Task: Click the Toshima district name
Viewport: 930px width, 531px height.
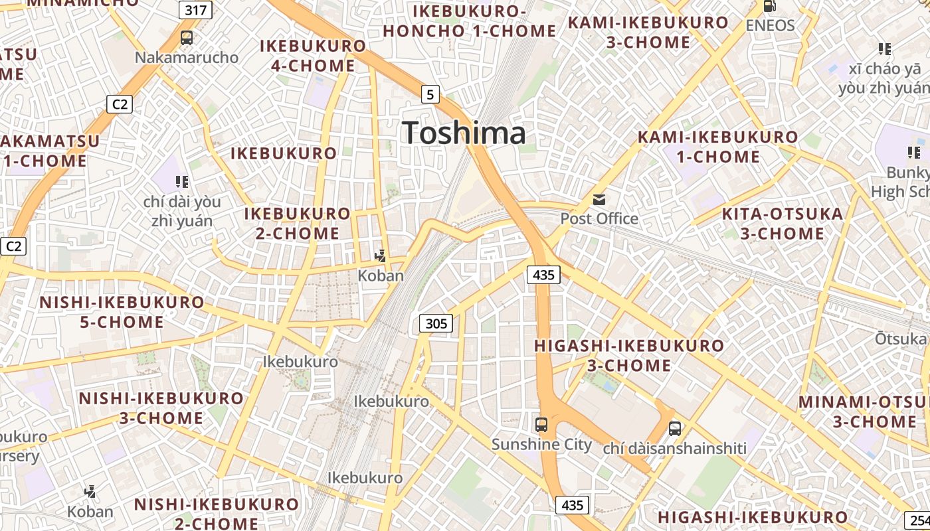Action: click(464, 133)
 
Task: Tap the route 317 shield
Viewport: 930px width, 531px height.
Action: click(195, 10)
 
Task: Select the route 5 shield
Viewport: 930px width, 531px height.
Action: click(430, 95)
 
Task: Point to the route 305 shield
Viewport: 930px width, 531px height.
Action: click(436, 323)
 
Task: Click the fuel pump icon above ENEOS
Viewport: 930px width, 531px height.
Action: click(770, 6)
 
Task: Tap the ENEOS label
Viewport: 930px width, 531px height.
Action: click(770, 25)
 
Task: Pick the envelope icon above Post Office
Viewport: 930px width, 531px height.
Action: click(599, 199)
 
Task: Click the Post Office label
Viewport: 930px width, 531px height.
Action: click(599, 218)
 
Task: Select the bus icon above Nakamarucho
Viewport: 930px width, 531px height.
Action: click(187, 38)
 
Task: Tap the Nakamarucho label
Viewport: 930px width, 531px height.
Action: click(187, 57)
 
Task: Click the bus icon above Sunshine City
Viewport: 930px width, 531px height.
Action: click(541, 425)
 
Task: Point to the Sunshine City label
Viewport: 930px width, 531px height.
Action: click(541, 444)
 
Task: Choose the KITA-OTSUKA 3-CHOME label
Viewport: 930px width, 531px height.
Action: click(782, 224)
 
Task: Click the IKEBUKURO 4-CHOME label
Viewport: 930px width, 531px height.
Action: click(313, 56)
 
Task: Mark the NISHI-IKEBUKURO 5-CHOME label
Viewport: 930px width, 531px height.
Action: click(122, 312)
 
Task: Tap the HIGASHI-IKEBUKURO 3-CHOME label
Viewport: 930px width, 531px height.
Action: click(628, 355)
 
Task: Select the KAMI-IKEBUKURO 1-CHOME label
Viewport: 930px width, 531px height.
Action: click(717, 147)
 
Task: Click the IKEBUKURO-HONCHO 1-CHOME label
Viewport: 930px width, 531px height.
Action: click(470, 21)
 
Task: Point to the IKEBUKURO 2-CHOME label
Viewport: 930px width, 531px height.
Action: click(298, 224)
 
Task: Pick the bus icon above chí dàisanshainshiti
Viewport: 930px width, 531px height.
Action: click(675, 429)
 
